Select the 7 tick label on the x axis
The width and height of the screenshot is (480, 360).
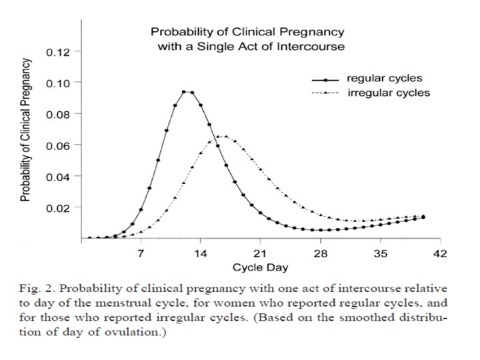pos(141,253)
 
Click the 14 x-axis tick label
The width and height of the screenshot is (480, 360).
pos(200,253)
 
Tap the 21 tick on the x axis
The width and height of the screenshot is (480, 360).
pos(260,253)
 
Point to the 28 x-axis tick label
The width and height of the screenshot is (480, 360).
pos(321,253)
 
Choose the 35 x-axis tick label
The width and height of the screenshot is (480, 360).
pos(381,253)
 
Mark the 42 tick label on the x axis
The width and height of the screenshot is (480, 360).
pos(441,253)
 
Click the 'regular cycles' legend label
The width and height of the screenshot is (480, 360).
pos(385,79)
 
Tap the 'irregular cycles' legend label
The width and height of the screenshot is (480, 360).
pos(389,93)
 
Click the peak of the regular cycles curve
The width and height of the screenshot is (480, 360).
pos(187,92)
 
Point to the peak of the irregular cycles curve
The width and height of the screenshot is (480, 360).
pos(221,137)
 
